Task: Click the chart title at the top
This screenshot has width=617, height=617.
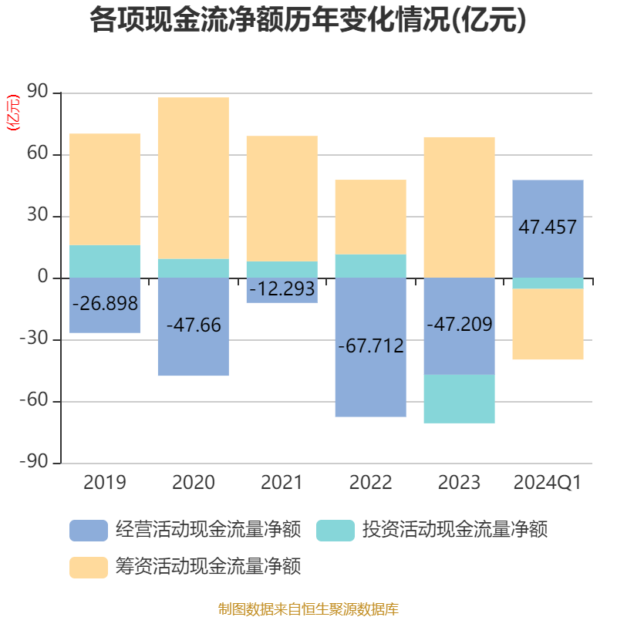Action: tap(308, 21)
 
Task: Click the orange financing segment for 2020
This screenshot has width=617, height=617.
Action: tap(193, 177)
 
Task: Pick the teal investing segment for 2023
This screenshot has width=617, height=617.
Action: tap(459, 399)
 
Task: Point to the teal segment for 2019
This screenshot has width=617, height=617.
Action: tap(105, 261)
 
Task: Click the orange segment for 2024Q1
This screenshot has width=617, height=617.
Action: tap(548, 324)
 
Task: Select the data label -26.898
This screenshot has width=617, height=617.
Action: tap(105, 304)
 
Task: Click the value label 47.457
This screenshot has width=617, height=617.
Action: tap(548, 227)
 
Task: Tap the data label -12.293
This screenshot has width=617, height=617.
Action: tap(282, 289)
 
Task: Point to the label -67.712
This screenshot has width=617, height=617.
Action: tap(370, 346)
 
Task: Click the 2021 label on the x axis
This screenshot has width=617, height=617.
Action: tap(282, 483)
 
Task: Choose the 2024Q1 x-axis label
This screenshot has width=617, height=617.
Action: tap(547, 483)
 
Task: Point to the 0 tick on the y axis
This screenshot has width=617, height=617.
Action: tap(43, 278)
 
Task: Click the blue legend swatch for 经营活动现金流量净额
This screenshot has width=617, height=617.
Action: tap(88, 530)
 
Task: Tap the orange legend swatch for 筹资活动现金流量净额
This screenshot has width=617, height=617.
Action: tap(88, 568)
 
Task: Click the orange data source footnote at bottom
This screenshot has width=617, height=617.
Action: tap(308, 609)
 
